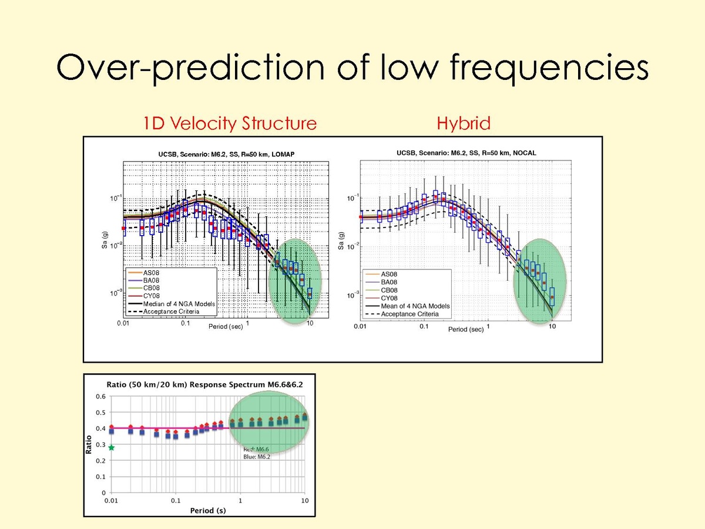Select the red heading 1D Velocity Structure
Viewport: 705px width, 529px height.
coord(230,123)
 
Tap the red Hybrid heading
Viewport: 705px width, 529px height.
coord(463,123)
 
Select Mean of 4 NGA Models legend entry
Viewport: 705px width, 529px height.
coord(415,306)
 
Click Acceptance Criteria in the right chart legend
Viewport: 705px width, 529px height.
coord(410,314)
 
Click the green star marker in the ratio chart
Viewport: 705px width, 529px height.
coord(111,447)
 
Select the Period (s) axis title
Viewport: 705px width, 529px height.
coord(208,510)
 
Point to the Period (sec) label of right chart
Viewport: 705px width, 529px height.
coord(466,329)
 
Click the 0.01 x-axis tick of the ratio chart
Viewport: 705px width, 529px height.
coord(111,500)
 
